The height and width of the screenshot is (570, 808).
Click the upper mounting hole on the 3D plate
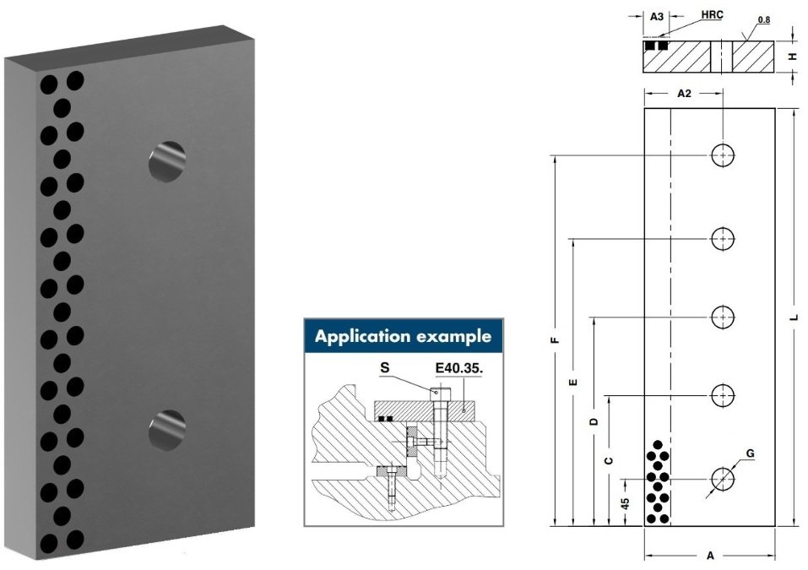(167, 161)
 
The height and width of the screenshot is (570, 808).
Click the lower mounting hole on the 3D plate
(167, 431)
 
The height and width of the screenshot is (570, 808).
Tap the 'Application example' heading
(403, 337)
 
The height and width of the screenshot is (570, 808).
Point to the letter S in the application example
(384, 368)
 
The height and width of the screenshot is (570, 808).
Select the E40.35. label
(459, 368)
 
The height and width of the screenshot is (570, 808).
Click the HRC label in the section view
(712, 15)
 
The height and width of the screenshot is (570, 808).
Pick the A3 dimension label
(657, 17)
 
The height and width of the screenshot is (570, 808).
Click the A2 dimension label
(684, 93)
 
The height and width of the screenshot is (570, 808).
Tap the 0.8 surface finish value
(764, 20)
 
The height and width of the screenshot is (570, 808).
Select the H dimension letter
(794, 57)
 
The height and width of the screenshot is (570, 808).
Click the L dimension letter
(794, 318)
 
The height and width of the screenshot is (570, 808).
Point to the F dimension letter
(555, 340)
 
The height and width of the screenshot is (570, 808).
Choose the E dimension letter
(572, 383)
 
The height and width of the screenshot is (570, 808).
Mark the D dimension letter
(594, 421)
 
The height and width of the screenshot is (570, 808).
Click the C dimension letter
(609, 460)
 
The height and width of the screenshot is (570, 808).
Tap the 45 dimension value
(625, 503)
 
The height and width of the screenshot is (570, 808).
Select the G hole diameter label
(751, 453)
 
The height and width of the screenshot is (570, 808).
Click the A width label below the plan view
(710, 556)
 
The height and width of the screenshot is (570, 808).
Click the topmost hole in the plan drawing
(723, 155)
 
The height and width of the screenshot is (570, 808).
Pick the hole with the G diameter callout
(723, 480)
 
